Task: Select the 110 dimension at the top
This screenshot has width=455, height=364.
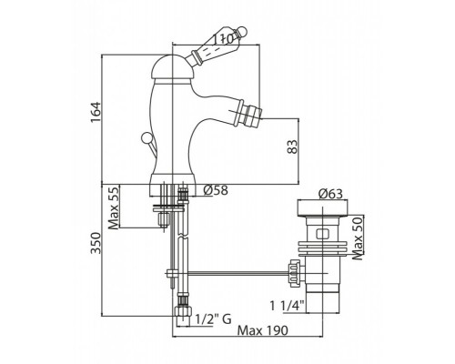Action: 222,39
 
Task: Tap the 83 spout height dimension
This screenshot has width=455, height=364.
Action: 292,147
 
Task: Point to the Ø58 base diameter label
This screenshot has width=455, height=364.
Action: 216,190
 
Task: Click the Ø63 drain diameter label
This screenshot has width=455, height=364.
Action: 330,194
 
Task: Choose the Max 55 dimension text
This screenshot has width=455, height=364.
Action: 114,207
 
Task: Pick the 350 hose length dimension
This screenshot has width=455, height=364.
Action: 96,243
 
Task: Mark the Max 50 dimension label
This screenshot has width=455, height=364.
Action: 359,238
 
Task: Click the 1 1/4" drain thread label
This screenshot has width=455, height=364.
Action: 288,306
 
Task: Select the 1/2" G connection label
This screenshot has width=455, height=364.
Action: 213,318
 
